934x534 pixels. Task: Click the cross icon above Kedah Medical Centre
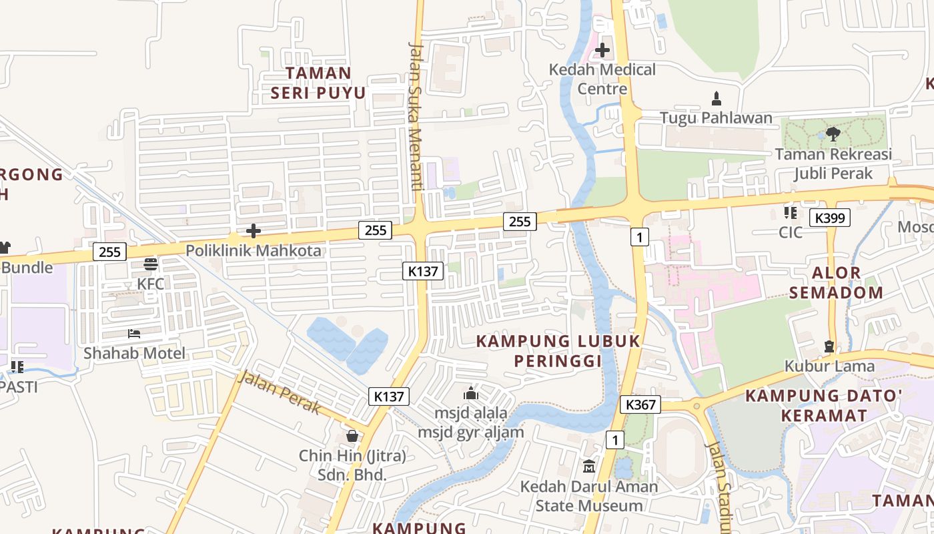[602, 50]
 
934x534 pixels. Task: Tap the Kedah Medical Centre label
[602, 79]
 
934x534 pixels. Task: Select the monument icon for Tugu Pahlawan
[717, 99]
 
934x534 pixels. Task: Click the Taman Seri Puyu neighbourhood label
[318, 83]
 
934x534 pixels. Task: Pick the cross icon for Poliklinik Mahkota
[254, 232]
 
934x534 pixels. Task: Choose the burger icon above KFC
[151, 264]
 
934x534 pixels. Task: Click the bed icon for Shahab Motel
[134, 333]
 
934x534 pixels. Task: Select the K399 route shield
[830, 218]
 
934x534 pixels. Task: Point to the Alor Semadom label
[837, 282]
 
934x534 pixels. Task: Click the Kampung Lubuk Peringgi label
[558, 351]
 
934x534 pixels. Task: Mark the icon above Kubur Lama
[829, 346]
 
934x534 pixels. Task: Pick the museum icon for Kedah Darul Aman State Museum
[589, 466]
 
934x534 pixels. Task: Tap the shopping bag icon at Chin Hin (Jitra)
[352, 436]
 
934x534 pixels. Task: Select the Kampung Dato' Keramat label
[824, 405]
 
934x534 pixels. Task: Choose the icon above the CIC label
[791, 213]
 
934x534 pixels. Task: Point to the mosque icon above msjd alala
[471, 393]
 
